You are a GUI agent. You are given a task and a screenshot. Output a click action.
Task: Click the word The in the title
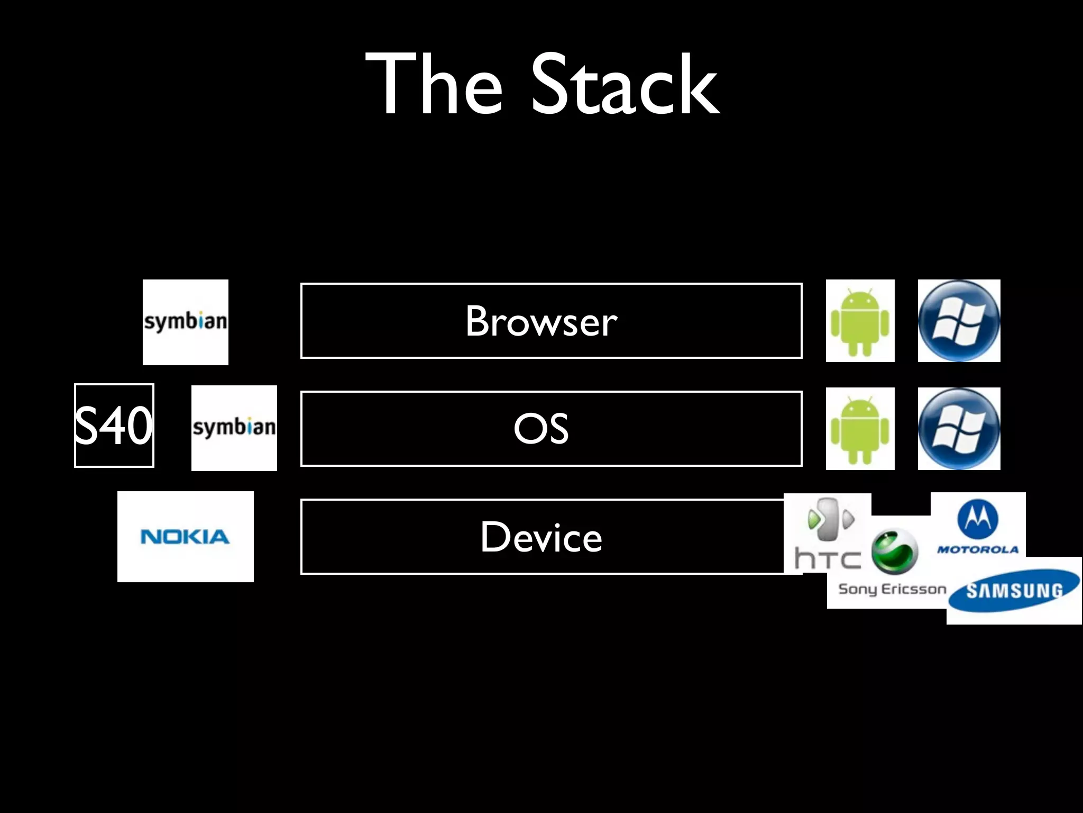(x=434, y=85)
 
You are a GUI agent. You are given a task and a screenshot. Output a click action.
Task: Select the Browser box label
(x=541, y=321)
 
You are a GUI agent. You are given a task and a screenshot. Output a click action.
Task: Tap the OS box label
(x=541, y=429)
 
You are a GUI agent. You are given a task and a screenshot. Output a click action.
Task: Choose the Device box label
(x=541, y=537)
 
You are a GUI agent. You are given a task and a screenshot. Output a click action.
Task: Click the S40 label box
(x=114, y=426)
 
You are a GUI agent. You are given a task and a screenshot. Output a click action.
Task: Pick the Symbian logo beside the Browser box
(x=186, y=322)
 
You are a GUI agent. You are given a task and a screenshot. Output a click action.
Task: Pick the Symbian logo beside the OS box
(x=234, y=428)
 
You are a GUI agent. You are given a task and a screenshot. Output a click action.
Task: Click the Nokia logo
(x=185, y=537)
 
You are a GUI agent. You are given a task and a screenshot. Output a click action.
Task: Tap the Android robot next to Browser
(x=860, y=321)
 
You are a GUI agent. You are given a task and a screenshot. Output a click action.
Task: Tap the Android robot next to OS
(x=860, y=429)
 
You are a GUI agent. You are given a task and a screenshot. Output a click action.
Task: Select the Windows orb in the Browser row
(x=959, y=321)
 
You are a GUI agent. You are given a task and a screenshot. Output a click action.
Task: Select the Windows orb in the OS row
(x=959, y=429)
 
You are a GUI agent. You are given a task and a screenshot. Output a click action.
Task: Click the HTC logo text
(x=828, y=559)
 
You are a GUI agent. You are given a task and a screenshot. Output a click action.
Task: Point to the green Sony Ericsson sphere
(x=894, y=552)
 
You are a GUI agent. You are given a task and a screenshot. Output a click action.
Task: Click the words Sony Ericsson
(x=892, y=589)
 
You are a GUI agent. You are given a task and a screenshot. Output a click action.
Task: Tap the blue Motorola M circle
(x=978, y=519)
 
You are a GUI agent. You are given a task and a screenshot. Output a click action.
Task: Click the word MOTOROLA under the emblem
(x=978, y=549)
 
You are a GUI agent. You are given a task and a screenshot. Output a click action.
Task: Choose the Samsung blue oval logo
(x=1013, y=591)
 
